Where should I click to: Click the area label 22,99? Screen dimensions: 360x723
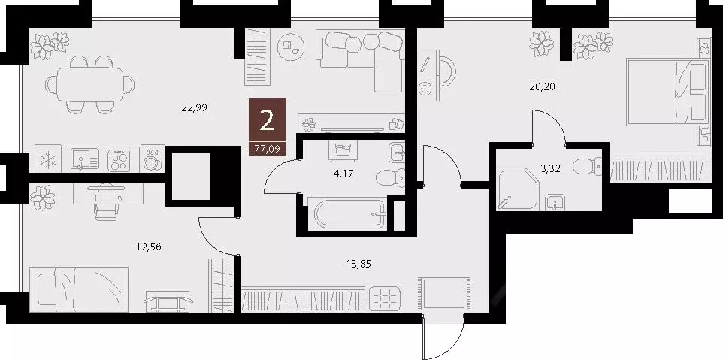pos(194,107)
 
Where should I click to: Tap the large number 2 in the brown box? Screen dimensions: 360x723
pos(267,120)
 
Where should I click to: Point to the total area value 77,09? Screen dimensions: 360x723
pos(267,149)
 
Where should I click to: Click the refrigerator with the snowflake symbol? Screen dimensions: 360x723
pos(47,160)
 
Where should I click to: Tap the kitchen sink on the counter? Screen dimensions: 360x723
pos(83,160)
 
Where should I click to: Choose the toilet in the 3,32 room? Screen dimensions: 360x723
pos(587,165)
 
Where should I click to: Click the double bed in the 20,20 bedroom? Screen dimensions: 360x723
pos(667,92)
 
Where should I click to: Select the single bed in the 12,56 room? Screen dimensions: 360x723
pos(79,288)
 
